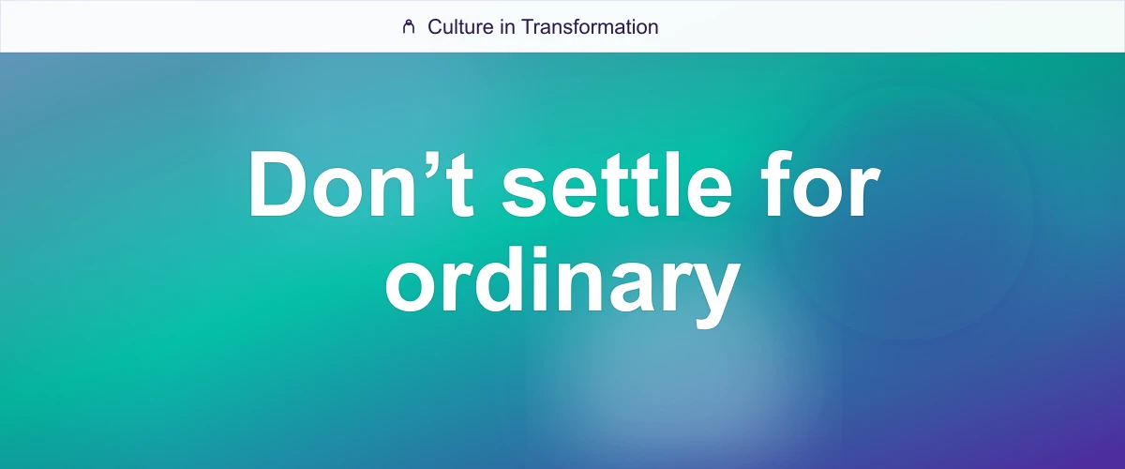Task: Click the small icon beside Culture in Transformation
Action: [408, 27]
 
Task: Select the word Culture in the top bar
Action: [459, 27]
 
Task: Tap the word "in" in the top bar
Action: [506, 27]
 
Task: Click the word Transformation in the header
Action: [590, 27]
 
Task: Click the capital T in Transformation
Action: [527, 27]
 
